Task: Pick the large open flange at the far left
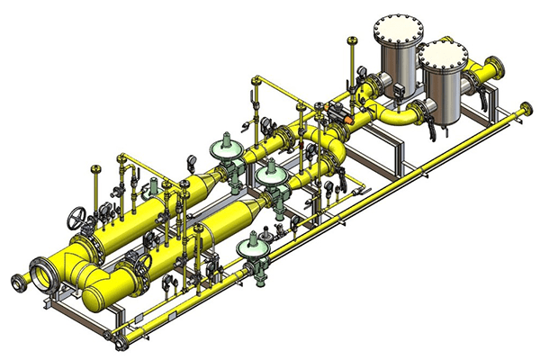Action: coord(40,273)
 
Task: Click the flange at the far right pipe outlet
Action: coord(494,71)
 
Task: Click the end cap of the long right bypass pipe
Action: coord(525,111)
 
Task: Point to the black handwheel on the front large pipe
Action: coord(143,262)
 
